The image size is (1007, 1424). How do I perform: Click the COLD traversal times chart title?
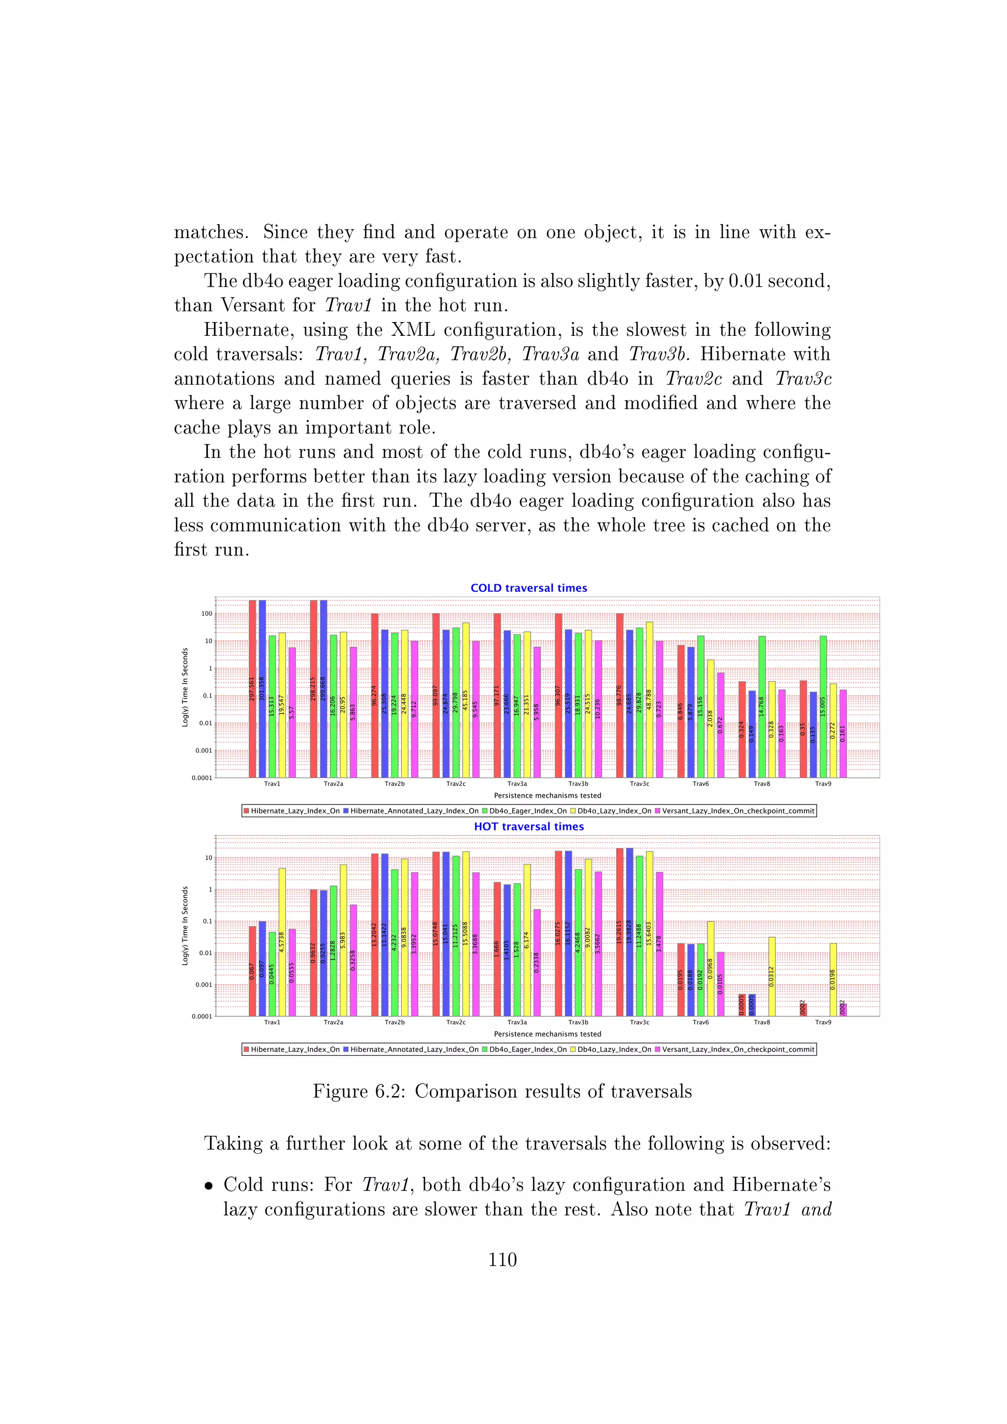click(528, 588)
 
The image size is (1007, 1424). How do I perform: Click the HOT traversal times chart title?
click(528, 826)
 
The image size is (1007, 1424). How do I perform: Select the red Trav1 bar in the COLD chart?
click(252, 688)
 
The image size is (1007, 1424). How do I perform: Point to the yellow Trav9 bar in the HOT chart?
click(833, 979)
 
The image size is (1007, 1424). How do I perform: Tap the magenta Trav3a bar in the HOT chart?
click(537, 962)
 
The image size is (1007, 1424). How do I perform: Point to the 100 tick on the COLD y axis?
click(207, 613)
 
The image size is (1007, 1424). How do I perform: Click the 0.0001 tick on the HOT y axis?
click(202, 1016)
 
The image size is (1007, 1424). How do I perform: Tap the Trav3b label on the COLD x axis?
click(578, 784)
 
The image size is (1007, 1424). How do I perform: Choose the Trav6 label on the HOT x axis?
click(700, 1022)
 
